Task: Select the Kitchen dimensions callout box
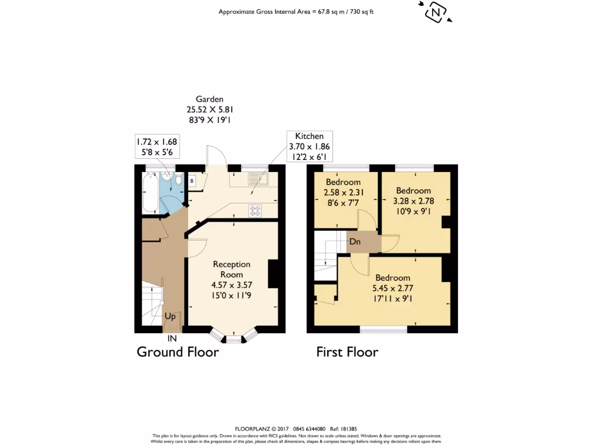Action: coord(309,147)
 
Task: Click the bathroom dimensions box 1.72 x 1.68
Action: coord(156,147)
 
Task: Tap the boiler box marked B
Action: coord(192,181)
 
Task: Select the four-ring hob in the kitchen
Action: coord(255,211)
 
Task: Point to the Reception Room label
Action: coord(231,269)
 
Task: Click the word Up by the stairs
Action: coord(170,317)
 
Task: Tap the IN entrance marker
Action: coord(172,338)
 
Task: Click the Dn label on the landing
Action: coord(355,242)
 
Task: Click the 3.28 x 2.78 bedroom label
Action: coord(413,200)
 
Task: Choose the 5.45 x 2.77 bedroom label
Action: coord(393,288)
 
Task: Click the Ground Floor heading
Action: coord(177,352)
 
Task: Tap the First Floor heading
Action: coord(347,352)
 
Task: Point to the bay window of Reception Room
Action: coord(233,337)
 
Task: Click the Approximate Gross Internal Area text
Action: coord(299,12)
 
